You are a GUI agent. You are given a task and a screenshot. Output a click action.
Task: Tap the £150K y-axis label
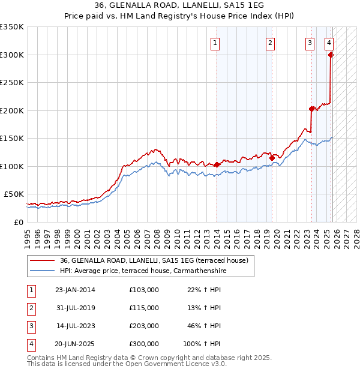12,138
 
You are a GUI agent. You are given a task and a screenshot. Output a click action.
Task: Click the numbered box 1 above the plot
215,43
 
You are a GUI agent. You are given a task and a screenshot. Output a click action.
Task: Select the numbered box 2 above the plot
271,43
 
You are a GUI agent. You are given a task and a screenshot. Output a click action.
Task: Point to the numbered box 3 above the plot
310,43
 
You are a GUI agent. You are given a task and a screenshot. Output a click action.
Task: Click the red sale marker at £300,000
331,55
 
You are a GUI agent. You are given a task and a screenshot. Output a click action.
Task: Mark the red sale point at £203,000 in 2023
311,109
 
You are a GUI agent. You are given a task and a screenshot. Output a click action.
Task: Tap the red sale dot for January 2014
216,164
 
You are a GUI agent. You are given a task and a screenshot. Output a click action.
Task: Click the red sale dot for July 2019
272,158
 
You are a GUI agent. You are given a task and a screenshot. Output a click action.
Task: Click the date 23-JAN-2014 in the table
75,290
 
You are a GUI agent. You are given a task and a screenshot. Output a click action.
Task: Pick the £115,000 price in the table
144,308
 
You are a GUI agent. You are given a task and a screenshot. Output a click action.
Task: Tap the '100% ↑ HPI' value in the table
202,344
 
